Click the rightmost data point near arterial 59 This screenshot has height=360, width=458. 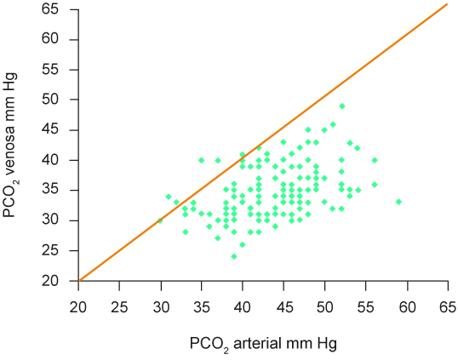[x=398, y=202]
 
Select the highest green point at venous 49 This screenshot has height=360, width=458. [x=341, y=106]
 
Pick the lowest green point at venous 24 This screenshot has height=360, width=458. [x=234, y=256]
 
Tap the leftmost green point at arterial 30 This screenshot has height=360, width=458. [x=160, y=220]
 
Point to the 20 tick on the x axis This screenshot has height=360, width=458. [x=78, y=306]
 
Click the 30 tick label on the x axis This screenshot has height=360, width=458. [x=161, y=306]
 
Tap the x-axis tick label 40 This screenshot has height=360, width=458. [x=243, y=306]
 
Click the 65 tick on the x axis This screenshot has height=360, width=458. [x=447, y=306]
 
